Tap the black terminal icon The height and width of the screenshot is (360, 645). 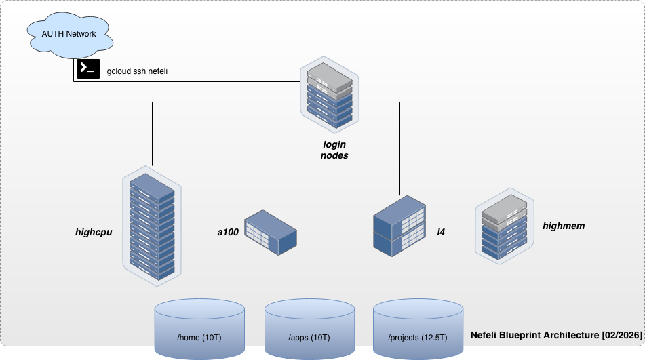pos(88,69)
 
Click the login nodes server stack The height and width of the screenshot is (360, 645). pos(330,95)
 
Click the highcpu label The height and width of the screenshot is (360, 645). pos(94,232)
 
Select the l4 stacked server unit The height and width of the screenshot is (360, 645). pos(400,226)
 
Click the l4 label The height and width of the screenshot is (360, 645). pos(440,232)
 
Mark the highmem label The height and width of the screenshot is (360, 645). pos(564,225)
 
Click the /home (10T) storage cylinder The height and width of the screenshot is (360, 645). pos(199,330)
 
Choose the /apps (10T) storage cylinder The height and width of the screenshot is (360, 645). pos(309,330)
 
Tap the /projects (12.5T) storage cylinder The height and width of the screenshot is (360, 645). pos(418,330)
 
